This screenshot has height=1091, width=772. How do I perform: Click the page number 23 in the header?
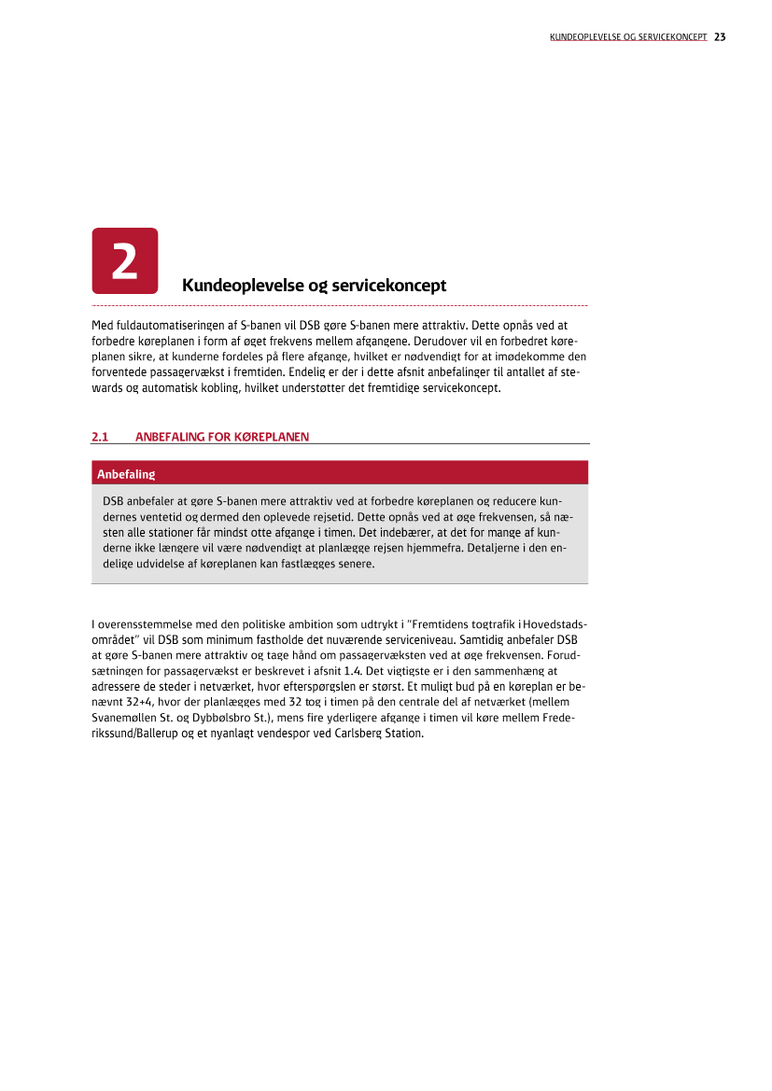tap(720, 37)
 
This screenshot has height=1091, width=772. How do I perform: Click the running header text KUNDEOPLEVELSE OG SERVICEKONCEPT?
tap(627, 37)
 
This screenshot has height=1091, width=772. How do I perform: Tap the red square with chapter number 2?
tap(125, 260)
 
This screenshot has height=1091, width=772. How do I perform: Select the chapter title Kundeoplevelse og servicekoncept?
tap(314, 285)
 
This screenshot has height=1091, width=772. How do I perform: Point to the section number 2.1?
tap(100, 436)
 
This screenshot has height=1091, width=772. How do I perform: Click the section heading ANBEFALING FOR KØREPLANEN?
tap(222, 436)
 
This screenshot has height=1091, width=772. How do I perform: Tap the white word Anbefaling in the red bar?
tap(125, 474)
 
